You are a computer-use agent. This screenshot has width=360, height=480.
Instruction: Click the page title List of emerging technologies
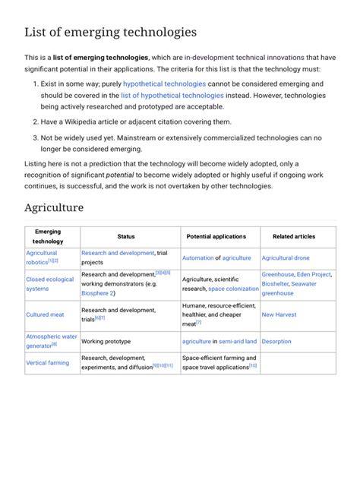(111, 32)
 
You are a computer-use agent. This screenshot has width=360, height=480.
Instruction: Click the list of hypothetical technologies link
(172, 96)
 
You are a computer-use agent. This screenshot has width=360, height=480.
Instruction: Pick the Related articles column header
(294, 236)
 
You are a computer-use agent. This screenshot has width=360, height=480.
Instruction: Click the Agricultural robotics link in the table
(41, 257)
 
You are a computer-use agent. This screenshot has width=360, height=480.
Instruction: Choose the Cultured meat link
(45, 314)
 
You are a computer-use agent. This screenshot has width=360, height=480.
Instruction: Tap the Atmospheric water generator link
(51, 340)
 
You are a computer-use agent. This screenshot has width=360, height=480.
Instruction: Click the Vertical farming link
(47, 363)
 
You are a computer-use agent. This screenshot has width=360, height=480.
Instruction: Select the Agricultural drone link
(286, 258)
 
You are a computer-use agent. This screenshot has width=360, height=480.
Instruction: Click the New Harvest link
(279, 314)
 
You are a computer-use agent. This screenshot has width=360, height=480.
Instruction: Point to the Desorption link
(276, 342)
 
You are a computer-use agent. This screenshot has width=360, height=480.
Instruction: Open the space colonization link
(233, 289)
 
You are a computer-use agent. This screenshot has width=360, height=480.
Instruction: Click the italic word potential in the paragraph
(121, 175)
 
